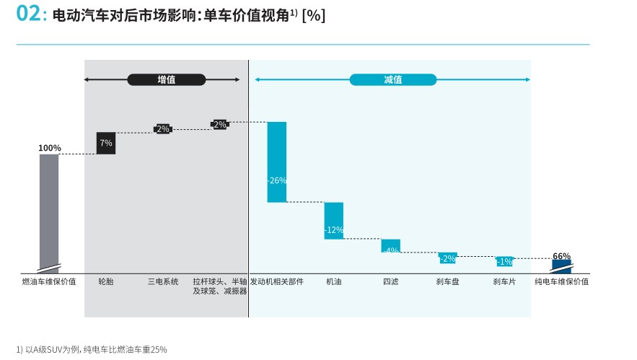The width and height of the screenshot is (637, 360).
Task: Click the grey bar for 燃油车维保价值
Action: tap(49, 209)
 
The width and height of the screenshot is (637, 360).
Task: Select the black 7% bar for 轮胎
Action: tap(106, 143)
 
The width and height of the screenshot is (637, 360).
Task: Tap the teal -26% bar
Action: tap(277, 162)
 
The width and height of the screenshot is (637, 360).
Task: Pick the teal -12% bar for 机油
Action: tap(333, 220)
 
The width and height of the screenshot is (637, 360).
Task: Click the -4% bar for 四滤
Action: tap(390, 246)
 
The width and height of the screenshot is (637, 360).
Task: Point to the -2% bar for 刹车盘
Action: tap(447, 258)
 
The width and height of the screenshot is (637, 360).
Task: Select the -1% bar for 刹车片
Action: tap(504, 261)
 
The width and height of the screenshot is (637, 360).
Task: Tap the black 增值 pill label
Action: tap(166, 79)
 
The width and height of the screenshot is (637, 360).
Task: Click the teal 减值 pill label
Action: tap(392, 79)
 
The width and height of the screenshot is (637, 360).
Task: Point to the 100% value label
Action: tap(49, 148)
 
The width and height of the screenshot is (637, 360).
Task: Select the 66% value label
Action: tap(561, 256)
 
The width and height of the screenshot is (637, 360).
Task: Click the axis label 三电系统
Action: tap(162, 281)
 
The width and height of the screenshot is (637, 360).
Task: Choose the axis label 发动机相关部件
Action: tap(277, 281)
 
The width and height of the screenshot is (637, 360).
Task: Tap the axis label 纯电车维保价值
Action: tap(561, 281)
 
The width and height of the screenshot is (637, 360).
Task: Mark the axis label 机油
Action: tap(333, 281)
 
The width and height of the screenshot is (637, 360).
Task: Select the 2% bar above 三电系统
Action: tap(162, 129)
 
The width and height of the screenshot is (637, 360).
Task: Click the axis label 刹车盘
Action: tap(447, 281)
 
